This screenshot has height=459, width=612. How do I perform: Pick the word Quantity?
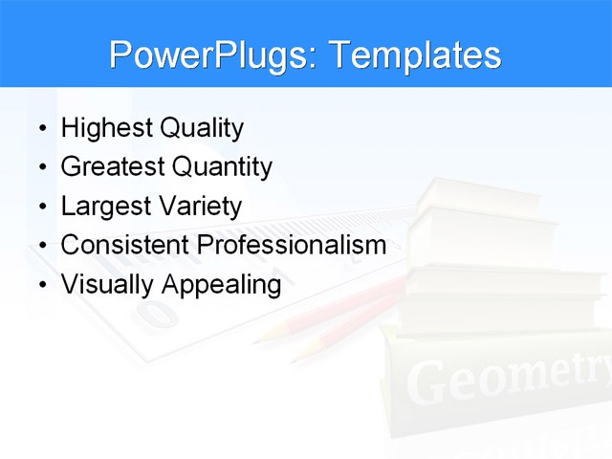[222, 167]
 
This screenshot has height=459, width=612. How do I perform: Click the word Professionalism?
[292, 245]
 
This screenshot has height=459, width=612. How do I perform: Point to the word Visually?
[107, 285]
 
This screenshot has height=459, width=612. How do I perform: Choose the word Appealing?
[221, 285]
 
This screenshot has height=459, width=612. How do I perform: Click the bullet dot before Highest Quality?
[41, 128]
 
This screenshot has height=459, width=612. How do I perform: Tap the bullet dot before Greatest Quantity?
[41, 167]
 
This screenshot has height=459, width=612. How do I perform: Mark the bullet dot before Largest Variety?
[41, 207]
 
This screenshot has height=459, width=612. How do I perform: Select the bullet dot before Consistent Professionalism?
[41, 246]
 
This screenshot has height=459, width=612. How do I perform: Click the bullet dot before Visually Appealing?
[41, 285]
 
